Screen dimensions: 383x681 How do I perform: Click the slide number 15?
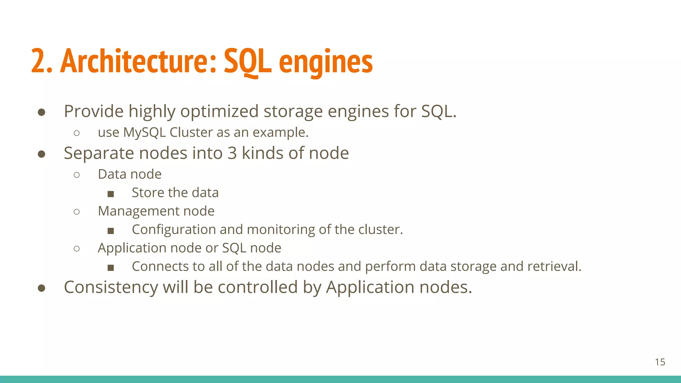pos(660,362)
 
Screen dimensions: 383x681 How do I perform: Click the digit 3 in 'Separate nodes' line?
pos(232,153)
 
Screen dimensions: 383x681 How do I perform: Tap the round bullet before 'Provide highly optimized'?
pos(42,112)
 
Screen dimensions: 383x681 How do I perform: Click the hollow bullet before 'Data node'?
pos(77,175)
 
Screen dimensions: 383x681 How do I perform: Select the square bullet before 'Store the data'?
pos(111,194)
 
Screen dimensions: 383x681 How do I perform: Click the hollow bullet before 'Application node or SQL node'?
pos(77,249)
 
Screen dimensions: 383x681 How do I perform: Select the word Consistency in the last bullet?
pos(111,287)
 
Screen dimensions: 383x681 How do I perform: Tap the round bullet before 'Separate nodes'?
pos(42,154)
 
